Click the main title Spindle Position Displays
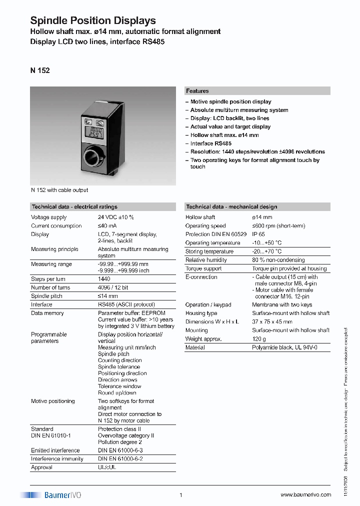click(93, 20)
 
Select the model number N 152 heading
click(40, 70)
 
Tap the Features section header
click(197, 91)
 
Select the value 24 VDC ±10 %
click(115, 217)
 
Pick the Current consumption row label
click(56, 226)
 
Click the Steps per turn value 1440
click(104, 279)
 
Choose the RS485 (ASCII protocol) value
click(126, 304)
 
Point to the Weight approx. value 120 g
click(258, 339)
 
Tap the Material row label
click(195, 347)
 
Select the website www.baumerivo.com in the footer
click(305, 495)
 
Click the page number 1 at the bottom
click(180, 495)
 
